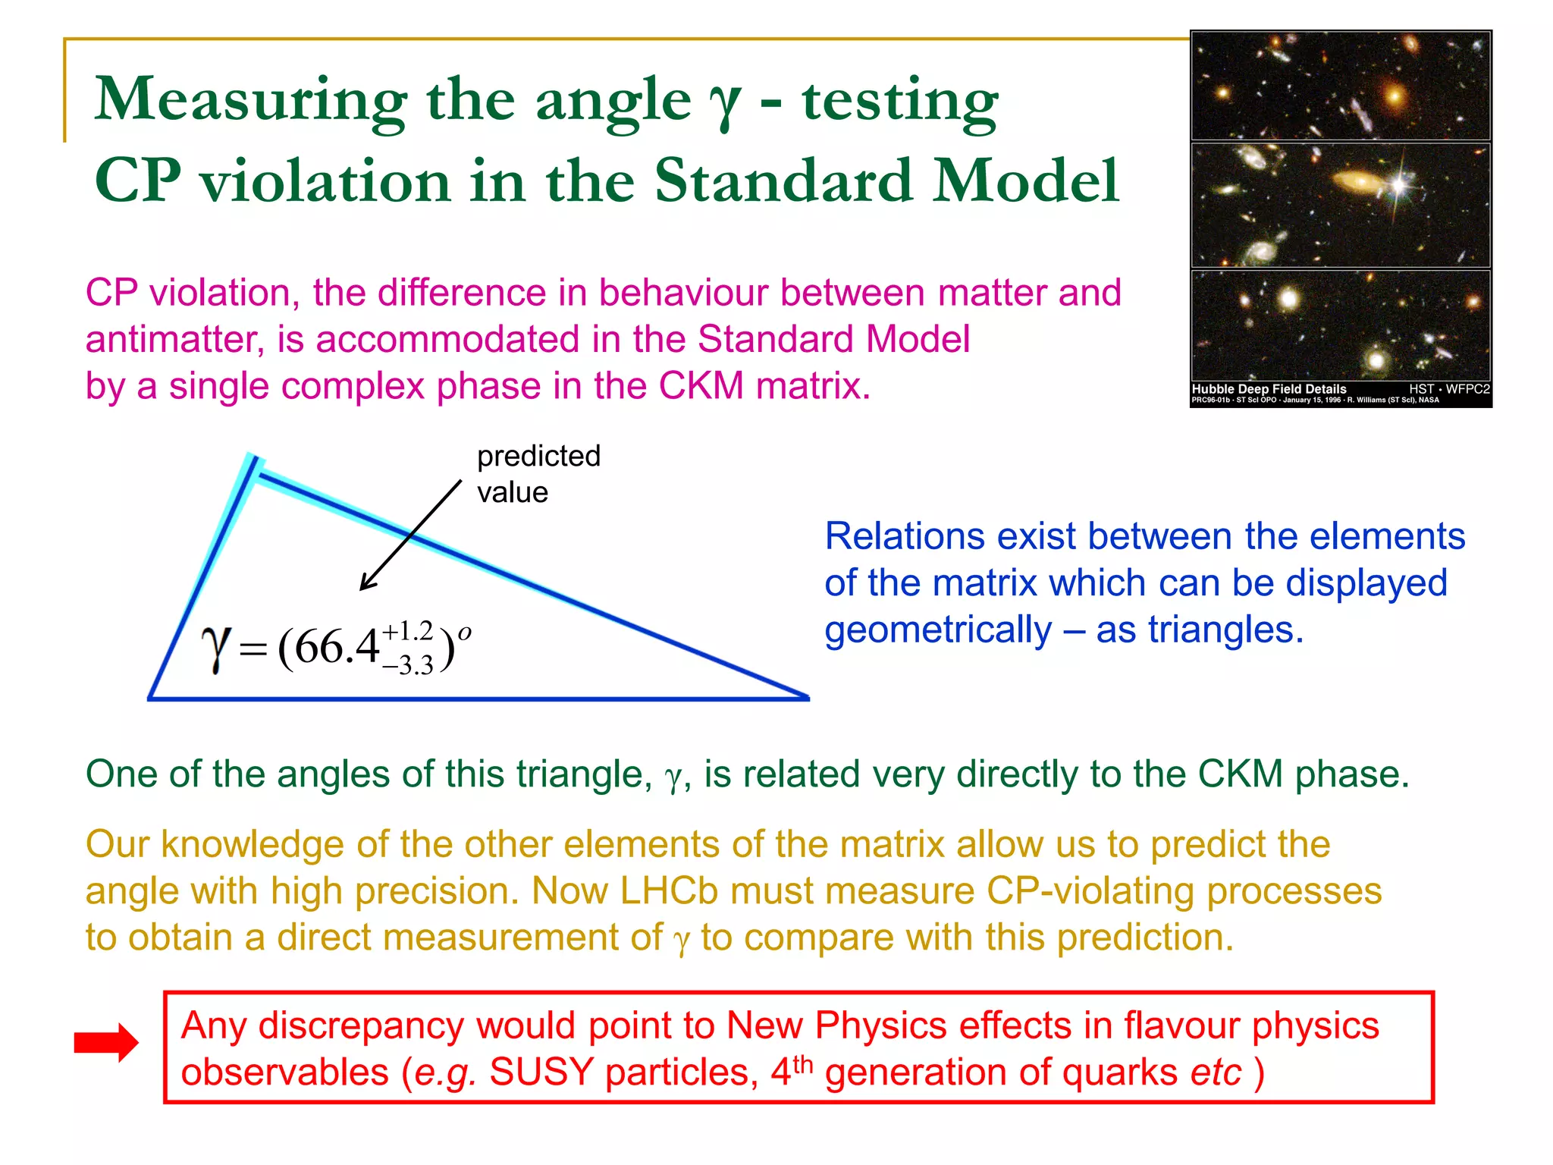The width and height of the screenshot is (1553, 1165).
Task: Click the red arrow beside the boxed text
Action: (x=106, y=1043)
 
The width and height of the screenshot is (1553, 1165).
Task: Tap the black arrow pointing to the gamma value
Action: (x=410, y=535)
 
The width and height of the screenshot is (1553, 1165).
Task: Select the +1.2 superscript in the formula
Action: (x=407, y=630)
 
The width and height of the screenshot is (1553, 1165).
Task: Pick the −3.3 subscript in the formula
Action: (x=407, y=665)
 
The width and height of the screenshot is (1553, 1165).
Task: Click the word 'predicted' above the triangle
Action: (x=538, y=456)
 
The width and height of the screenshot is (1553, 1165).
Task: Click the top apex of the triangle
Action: (x=253, y=460)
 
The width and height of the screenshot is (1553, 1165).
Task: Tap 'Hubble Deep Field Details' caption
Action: (x=1269, y=389)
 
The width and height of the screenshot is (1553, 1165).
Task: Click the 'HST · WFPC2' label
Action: (x=1449, y=389)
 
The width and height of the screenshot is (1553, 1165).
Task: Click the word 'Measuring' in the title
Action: (x=250, y=100)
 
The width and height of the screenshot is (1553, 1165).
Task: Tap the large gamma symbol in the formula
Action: (x=216, y=649)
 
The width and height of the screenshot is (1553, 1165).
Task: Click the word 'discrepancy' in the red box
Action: (x=361, y=1025)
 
